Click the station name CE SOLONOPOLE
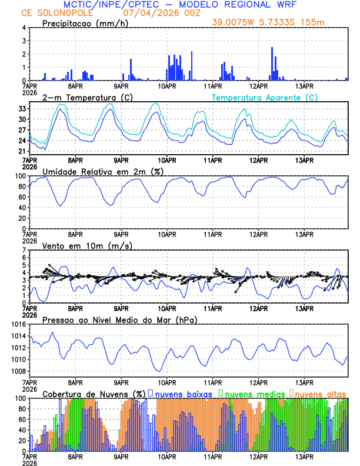pos(51,12)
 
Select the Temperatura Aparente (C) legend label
pos(265,97)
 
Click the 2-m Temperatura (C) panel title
pos(88,97)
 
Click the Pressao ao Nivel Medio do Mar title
pos(119,319)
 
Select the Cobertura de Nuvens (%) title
pos(94,394)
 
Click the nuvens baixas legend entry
pos(180,394)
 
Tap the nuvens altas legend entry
pos(321,394)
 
